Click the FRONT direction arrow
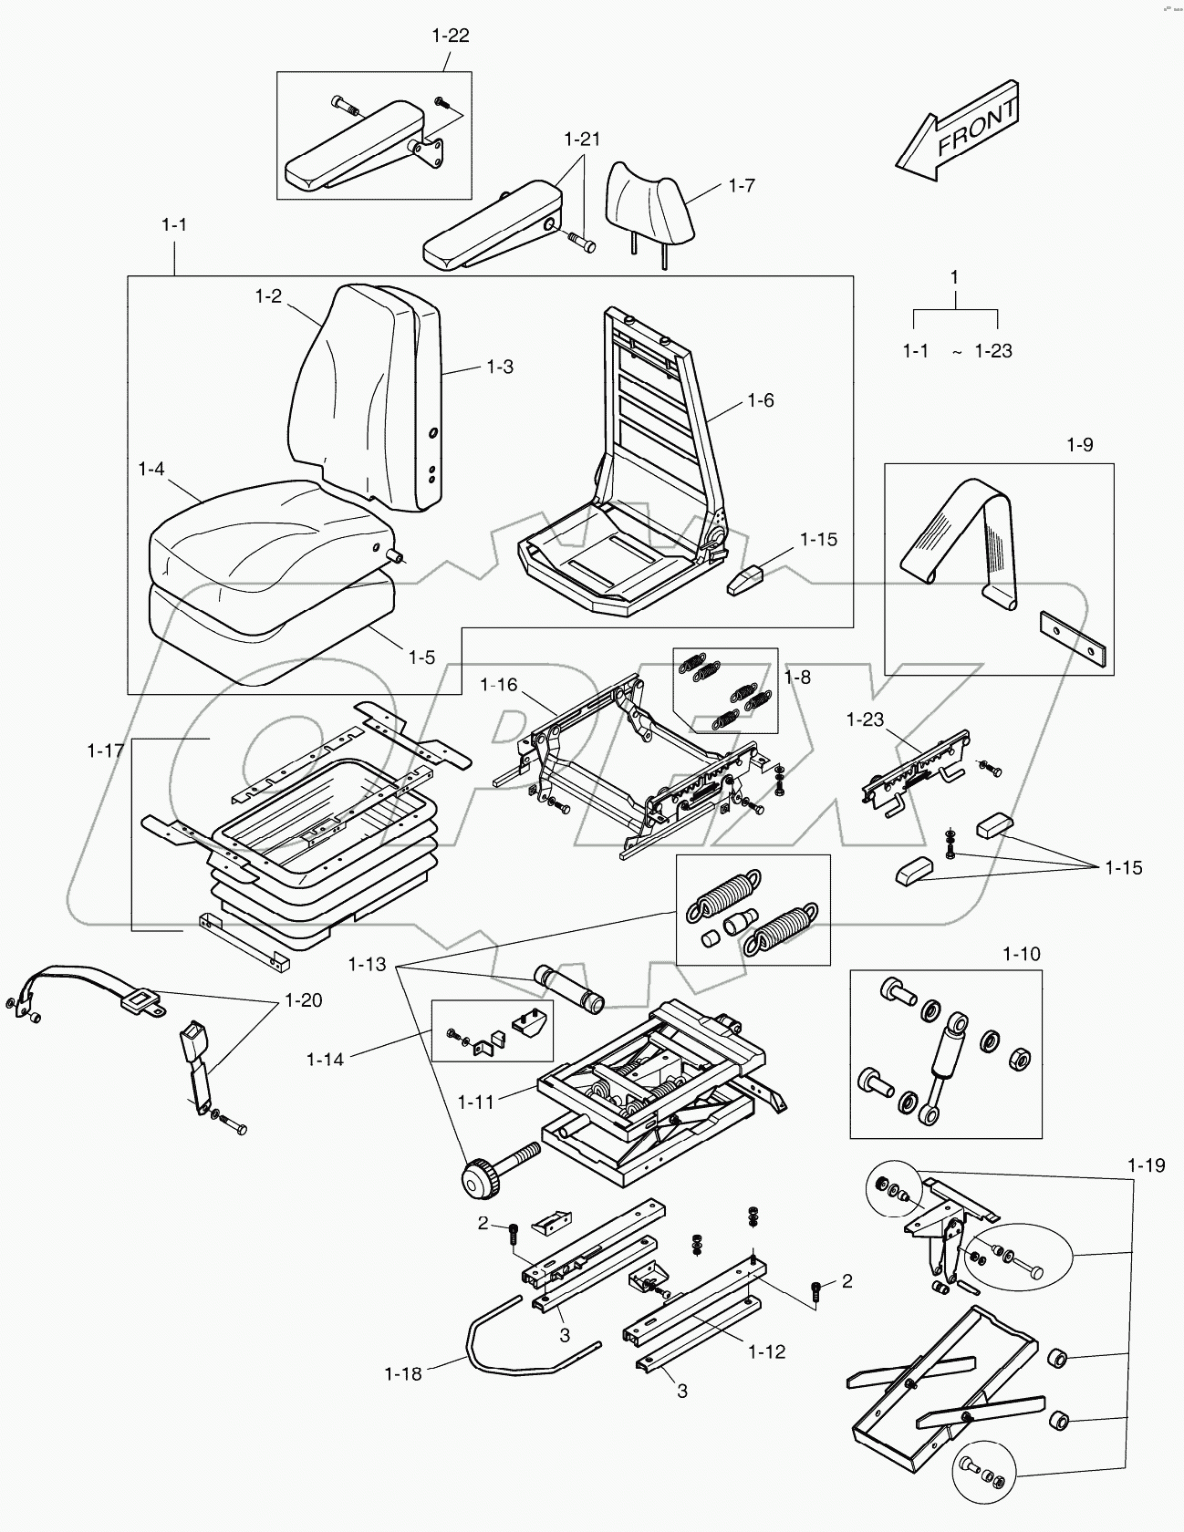click(958, 129)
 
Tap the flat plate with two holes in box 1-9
click(1075, 638)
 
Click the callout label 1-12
click(766, 1351)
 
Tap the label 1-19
click(1146, 1165)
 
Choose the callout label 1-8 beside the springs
click(796, 677)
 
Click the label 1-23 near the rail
click(865, 719)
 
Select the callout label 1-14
click(325, 1060)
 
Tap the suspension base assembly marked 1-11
click(648, 1085)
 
